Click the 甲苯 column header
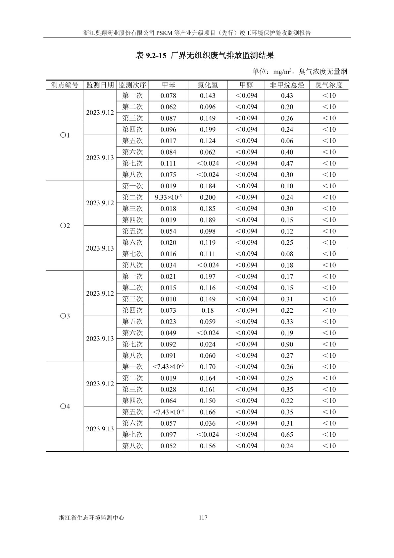coord(168,85)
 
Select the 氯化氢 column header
coord(208,85)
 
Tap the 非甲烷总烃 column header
coord(287,85)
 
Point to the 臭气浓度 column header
coord(329,85)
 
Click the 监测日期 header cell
coord(100,85)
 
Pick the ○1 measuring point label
coord(65,135)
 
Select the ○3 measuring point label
coord(65,316)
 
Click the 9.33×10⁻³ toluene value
coord(168,197)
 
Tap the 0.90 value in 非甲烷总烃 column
coord(287,344)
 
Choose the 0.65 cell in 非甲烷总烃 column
coord(287,435)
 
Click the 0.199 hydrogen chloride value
coord(208,130)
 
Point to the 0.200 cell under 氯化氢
coord(208,197)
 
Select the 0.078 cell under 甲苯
coord(168,96)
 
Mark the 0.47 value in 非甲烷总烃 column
coord(287,163)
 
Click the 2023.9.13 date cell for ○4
coord(100,429)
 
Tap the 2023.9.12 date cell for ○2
coord(100,203)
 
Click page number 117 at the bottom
coord(203,518)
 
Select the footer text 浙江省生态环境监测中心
coord(91,518)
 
